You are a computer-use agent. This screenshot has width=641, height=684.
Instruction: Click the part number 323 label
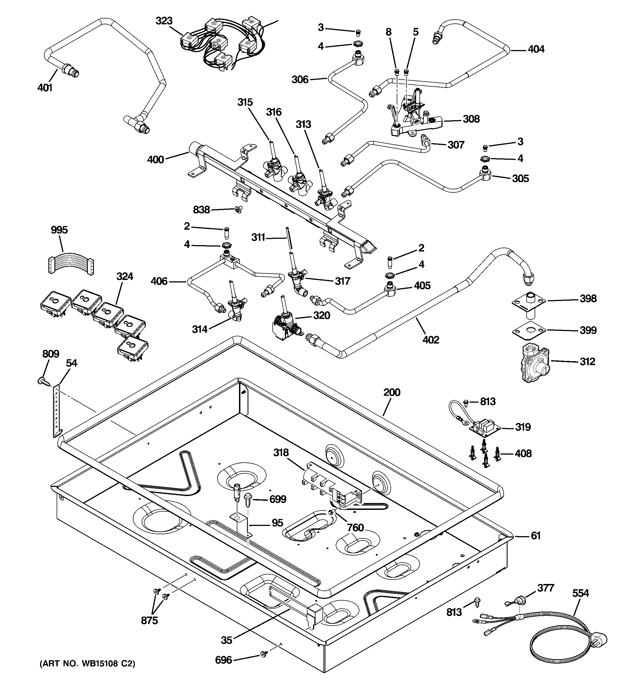click(x=164, y=21)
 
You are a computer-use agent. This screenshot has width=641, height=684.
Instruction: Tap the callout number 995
click(x=59, y=230)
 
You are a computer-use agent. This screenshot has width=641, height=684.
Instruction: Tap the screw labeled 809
click(x=43, y=380)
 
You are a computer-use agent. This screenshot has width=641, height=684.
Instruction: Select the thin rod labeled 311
click(x=288, y=238)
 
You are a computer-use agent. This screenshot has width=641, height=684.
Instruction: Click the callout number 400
click(x=155, y=160)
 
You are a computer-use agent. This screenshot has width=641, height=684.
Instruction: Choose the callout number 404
click(x=536, y=49)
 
